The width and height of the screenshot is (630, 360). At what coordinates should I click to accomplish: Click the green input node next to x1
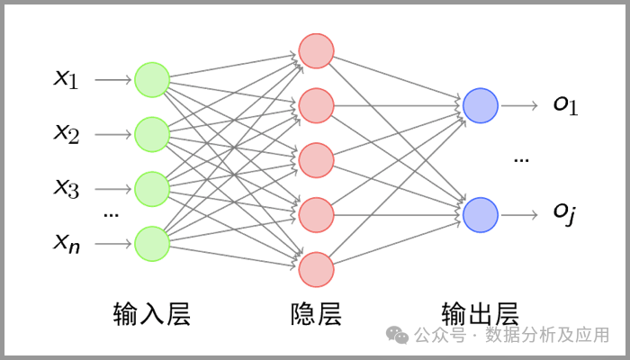tap(152, 80)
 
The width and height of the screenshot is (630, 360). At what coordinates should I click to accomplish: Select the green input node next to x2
tap(152, 134)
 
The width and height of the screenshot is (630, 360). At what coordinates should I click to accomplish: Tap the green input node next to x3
tap(152, 188)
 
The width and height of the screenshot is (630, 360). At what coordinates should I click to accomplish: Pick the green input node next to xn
tap(152, 243)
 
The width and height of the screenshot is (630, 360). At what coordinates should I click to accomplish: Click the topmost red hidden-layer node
tap(316, 51)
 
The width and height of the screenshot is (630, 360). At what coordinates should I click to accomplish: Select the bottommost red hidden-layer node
tap(316, 269)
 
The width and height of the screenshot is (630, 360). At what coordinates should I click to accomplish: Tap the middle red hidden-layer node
tap(316, 160)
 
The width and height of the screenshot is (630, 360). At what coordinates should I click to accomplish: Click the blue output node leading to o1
tap(481, 106)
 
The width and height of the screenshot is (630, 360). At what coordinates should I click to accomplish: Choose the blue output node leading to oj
tap(481, 215)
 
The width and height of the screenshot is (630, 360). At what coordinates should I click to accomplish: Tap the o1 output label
tap(565, 105)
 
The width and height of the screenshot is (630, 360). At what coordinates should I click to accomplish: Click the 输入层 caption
tap(152, 314)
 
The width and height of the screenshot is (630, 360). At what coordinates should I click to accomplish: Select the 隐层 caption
tap(316, 314)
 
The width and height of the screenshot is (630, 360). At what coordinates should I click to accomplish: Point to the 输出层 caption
tap(481, 314)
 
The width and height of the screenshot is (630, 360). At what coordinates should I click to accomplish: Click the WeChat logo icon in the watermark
tap(397, 335)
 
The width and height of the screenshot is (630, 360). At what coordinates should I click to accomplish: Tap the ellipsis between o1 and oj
tap(521, 160)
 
